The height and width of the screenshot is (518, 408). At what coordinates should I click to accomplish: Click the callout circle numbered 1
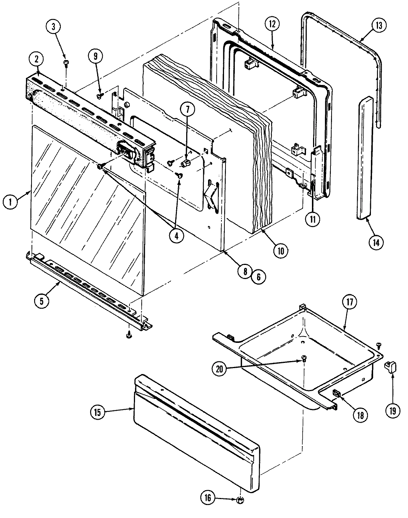[x=10, y=203]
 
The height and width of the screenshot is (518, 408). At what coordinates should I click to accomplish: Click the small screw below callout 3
[x=66, y=63]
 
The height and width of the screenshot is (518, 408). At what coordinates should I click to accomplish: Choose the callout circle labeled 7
[x=187, y=110]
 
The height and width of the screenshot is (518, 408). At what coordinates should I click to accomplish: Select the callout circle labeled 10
[x=280, y=251]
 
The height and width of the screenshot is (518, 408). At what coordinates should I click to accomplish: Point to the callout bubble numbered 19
[x=392, y=410]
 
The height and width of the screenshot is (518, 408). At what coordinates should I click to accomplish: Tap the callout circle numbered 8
[x=245, y=271]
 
